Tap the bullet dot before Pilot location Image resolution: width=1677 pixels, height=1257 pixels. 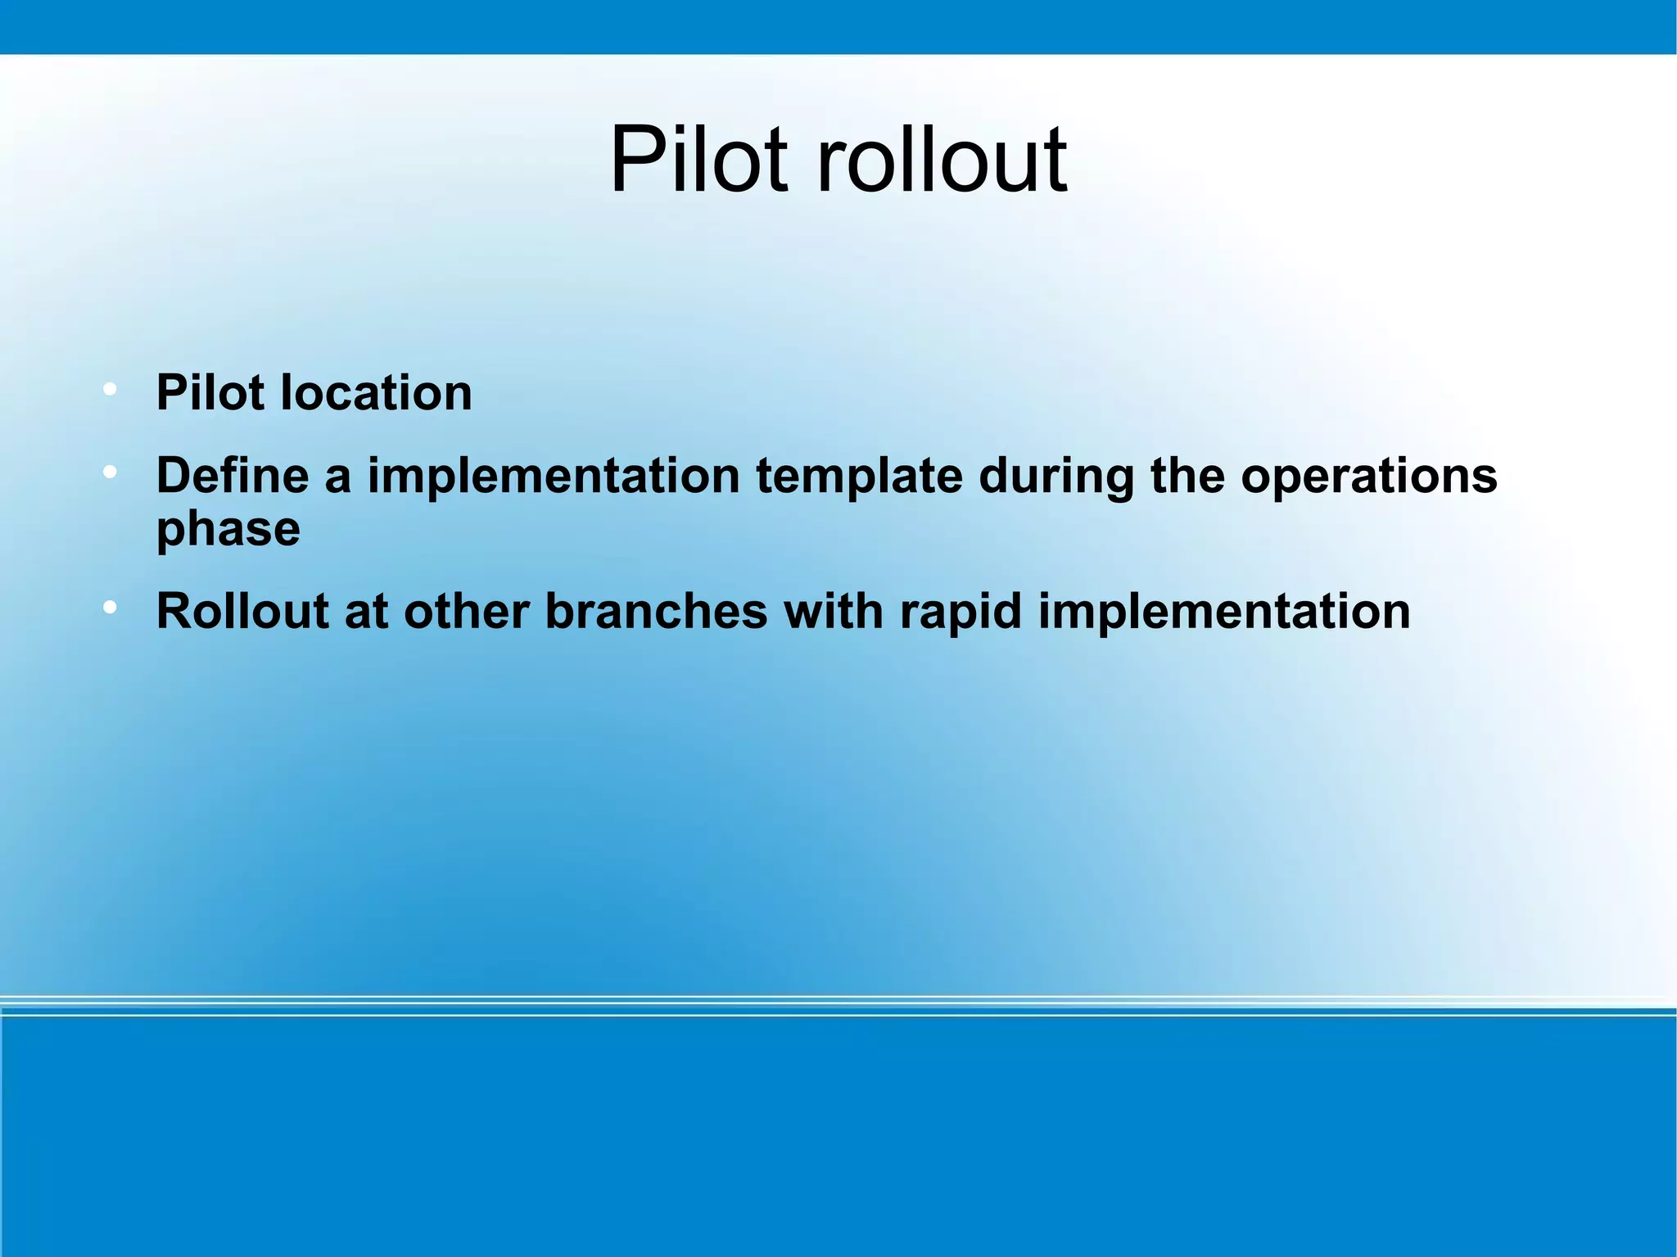click(109, 390)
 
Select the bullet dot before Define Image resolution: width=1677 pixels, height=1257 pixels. click(109, 473)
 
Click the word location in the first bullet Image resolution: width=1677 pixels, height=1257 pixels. click(376, 392)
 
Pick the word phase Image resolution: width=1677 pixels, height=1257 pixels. click(228, 529)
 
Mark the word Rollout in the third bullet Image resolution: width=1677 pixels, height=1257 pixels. click(242, 611)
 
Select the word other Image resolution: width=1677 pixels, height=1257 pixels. click(466, 611)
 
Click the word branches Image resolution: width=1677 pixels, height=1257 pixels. click(656, 611)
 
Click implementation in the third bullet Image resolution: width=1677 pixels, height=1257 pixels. click(1224, 611)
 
